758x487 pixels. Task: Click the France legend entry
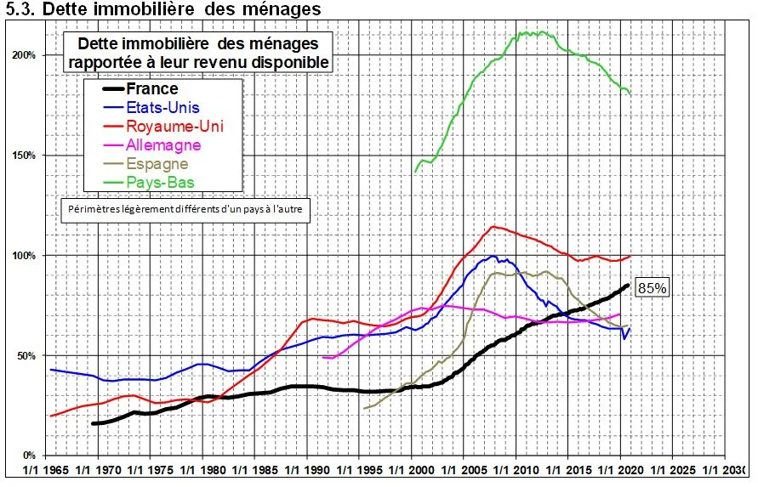(152, 89)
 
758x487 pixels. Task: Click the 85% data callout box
(652, 288)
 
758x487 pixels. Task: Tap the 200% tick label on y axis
(23, 55)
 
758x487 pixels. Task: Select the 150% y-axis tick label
(23, 156)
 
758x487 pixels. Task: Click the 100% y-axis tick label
(23, 256)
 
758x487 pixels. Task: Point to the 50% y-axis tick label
(26, 356)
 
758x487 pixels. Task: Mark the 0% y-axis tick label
(28, 456)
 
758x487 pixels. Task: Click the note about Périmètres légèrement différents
(184, 211)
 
